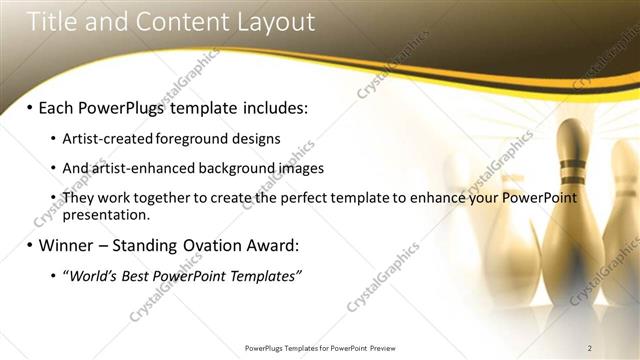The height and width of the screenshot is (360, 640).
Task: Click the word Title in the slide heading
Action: coord(51,21)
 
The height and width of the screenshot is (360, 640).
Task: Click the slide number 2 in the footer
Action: coord(590,348)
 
